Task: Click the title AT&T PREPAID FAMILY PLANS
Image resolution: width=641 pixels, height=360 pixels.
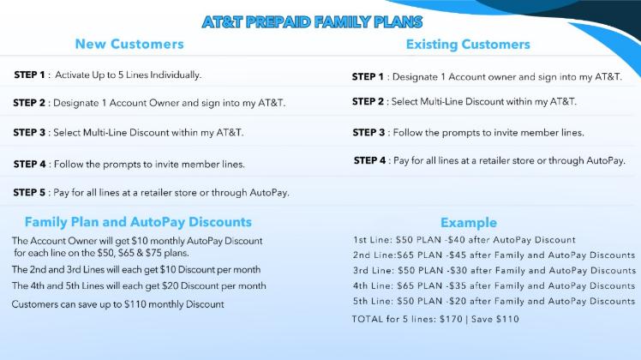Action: coord(312,22)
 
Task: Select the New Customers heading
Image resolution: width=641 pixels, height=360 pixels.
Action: coord(129,45)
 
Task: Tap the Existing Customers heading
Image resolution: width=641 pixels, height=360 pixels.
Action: coord(468,45)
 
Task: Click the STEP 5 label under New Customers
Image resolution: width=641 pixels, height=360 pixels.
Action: coord(29,192)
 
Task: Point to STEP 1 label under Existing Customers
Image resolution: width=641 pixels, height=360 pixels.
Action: coord(368,77)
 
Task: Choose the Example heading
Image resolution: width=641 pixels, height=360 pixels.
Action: coord(469,223)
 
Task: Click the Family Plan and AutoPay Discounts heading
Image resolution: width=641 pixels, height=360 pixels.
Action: coord(138,222)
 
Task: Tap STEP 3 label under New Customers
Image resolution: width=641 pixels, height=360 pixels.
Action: coord(29,133)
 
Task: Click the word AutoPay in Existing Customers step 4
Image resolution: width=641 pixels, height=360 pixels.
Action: coord(605,160)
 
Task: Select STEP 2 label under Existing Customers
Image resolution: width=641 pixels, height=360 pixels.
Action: coord(368,101)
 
